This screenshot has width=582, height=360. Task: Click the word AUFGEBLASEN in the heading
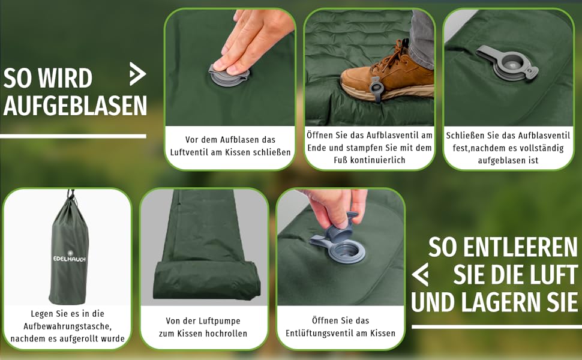76,106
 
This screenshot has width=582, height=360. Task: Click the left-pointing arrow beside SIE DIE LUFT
420,275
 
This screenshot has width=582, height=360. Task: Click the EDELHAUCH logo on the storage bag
70,258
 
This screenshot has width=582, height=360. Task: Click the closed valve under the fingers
228,76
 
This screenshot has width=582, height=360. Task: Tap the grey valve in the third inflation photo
507,63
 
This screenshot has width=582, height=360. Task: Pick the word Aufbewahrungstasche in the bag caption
67,326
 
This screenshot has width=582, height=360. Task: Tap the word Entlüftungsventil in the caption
318,333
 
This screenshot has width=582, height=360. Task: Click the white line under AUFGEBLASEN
73,136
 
